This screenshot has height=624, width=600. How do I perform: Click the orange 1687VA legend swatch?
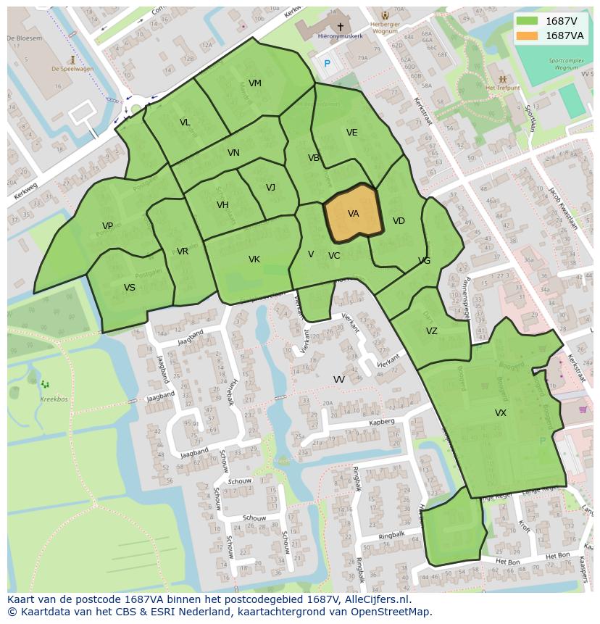(528, 36)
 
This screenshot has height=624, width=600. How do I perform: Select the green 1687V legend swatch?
(528, 21)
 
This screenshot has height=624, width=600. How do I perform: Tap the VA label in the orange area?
(353, 214)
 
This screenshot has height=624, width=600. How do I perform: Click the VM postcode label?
(254, 83)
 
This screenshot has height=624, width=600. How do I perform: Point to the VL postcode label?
(185, 122)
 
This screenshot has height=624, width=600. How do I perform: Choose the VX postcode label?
(500, 413)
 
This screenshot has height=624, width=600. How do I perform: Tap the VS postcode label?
(130, 288)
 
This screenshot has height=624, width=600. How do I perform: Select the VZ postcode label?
(431, 331)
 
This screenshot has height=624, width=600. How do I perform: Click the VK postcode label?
(254, 259)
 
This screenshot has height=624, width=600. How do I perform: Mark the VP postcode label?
(107, 226)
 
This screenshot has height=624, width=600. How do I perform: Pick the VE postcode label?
(351, 133)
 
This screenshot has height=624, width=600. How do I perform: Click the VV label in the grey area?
(338, 380)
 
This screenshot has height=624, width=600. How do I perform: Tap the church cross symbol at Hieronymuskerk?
(340, 27)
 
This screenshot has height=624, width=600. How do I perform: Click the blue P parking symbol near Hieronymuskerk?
(327, 64)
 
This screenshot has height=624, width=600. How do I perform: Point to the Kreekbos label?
(54, 399)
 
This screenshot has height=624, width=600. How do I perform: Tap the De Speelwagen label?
(72, 70)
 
